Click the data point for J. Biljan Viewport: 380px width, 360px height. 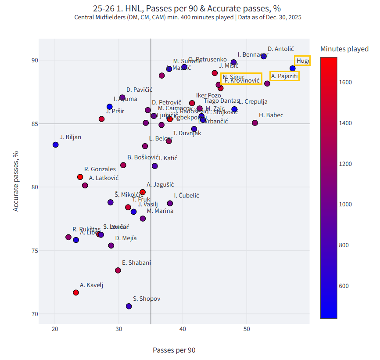point(56,144)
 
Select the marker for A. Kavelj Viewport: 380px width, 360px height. point(76,292)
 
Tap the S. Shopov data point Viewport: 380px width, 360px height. point(129,306)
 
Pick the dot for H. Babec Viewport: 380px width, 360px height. point(255,122)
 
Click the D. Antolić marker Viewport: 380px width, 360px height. point(264,56)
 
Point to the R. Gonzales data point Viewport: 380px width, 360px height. point(80,177)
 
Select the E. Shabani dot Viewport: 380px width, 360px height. point(118,270)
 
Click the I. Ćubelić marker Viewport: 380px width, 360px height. point(170,203)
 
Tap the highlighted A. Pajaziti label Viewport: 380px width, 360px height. point(284,76)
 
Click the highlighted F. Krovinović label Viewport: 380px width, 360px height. point(241,80)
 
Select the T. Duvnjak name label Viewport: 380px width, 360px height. point(187,133)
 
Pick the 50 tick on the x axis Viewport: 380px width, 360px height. point(247,329)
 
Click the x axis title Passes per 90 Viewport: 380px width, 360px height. point(174,350)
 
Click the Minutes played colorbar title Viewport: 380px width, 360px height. point(344,49)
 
